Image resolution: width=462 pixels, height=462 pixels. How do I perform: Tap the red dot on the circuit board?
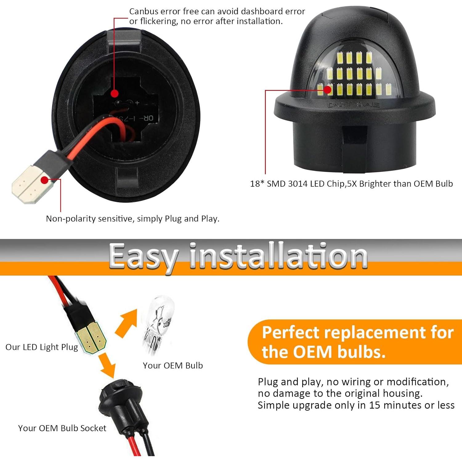coord(115,93)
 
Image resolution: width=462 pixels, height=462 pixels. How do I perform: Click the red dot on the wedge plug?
coord(45,180)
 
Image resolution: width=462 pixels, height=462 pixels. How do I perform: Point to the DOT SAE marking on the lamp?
coord(354,105)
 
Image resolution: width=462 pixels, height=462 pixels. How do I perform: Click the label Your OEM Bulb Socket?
coord(62,428)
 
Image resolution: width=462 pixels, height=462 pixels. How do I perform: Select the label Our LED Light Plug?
coord(42,347)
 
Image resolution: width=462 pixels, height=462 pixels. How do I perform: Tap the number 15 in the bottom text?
coord(375,405)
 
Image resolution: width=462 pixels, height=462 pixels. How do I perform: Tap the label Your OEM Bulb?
coord(173,366)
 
